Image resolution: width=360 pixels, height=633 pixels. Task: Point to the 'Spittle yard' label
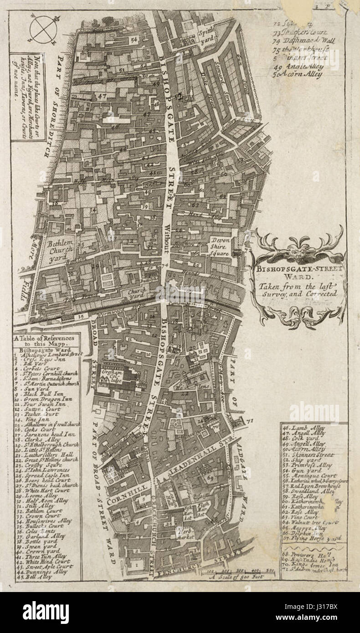(x=208, y=31)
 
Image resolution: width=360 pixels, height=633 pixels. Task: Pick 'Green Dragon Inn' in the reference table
(x=44, y=399)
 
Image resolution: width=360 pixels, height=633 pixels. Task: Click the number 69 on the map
(x=210, y=478)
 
